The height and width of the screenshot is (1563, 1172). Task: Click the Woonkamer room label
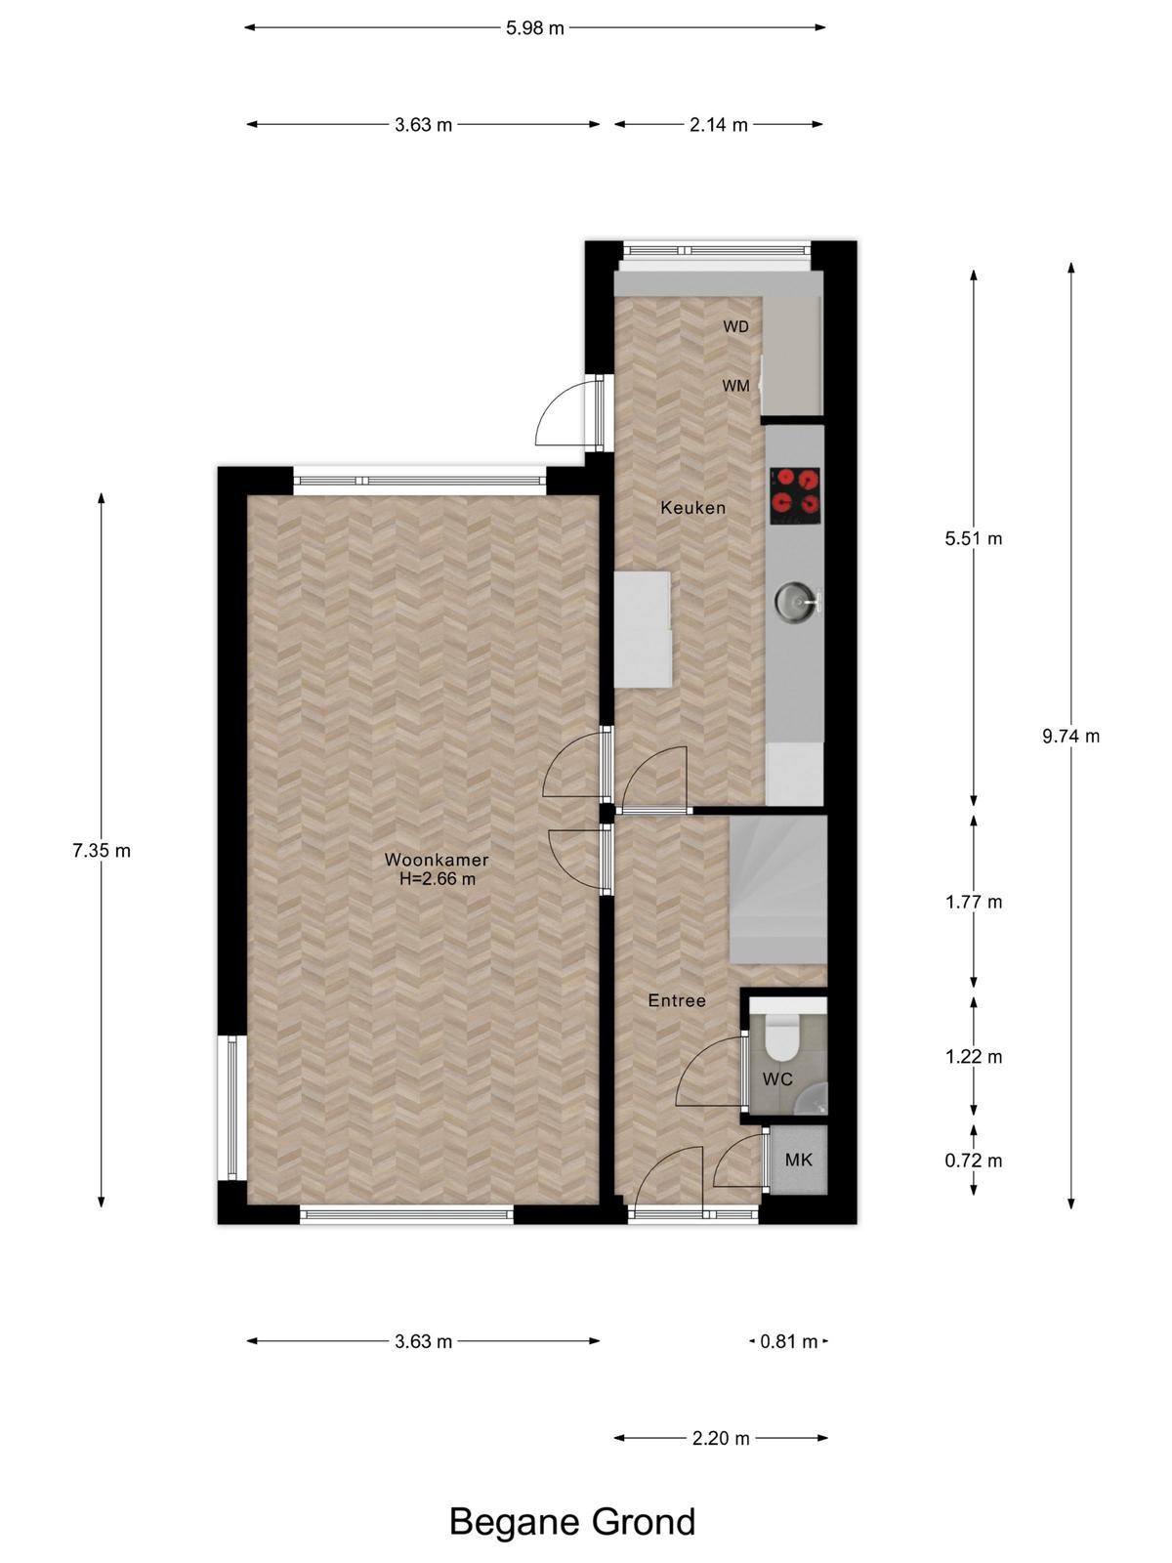(x=437, y=860)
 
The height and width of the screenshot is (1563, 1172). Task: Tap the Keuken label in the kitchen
(x=692, y=508)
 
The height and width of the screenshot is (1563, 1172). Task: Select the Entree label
(x=677, y=1000)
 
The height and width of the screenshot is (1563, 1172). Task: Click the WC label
(x=777, y=1078)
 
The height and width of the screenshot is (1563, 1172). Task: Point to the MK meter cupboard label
(x=798, y=1160)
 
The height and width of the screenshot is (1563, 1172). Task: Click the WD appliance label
(x=735, y=327)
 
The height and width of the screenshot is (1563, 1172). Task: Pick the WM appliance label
(x=735, y=386)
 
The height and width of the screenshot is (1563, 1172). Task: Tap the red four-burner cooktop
(x=795, y=495)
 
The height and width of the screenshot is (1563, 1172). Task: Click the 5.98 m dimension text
(x=535, y=27)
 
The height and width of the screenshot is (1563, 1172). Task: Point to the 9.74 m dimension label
(x=1071, y=737)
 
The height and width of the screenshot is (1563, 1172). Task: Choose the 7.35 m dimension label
(x=102, y=850)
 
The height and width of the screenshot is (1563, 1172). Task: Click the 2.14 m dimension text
(x=719, y=125)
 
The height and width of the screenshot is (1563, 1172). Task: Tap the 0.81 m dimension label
(x=788, y=1341)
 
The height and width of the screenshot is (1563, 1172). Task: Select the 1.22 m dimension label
(x=974, y=1057)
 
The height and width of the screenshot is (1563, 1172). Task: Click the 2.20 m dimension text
(x=721, y=1438)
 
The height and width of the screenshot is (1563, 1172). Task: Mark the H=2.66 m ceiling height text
(x=437, y=878)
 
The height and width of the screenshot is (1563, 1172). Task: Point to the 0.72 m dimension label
(x=974, y=1161)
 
